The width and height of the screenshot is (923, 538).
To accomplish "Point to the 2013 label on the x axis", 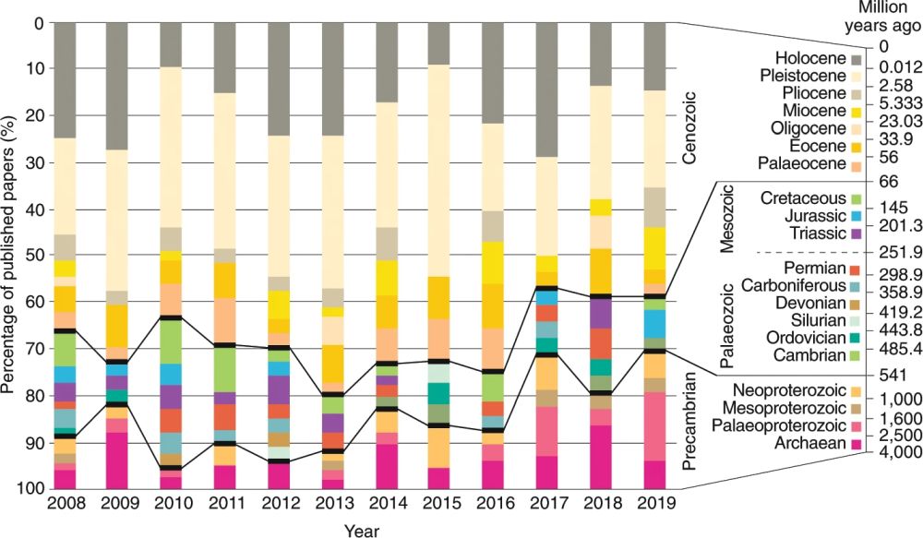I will click(x=345, y=505).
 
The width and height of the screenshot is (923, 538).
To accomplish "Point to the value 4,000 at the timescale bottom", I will click(x=902, y=452).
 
